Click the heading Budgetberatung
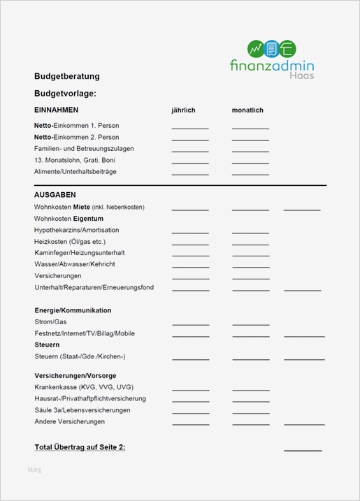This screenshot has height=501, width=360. pyautogui.click(x=66, y=76)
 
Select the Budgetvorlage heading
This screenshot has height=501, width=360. pyautogui.click(x=65, y=93)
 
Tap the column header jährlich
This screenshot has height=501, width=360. pyautogui.click(x=183, y=110)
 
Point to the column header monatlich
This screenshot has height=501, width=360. pyautogui.click(x=247, y=110)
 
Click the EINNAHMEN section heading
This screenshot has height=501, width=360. pyautogui.click(x=56, y=110)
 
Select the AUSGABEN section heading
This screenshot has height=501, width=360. pyautogui.click(x=55, y=195)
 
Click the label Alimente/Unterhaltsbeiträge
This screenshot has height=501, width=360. pyautogui.click(x=75, y=171)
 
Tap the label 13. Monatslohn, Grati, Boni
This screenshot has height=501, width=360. pyautogui.click(x=75, y=160)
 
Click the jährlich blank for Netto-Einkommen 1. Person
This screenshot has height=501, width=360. pyautogui.click(x=190, y=128)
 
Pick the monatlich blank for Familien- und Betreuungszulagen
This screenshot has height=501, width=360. pyautogui.click(x=250, y=151)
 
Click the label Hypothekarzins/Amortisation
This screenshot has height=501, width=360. pyautogui.click(x=76, y=230)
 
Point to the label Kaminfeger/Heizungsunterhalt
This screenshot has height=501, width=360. pyautogui.click(x=79, y=253)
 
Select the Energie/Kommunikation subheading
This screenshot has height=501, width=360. pyautogui.click(x=73, y=310)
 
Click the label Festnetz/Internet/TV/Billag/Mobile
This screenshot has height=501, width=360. pyautogui.click(x=84, y=333)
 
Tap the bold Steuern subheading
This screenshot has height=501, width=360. pyautogui.click(x=47, y=345)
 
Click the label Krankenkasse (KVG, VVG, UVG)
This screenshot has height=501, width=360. pyautogui.click(x=83, y=387)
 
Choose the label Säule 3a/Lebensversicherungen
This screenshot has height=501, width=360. pyautogui.click(x=82, y=410)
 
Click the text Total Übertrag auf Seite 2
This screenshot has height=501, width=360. pyautogui.click(x=80, y=447)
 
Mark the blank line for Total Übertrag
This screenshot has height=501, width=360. pyautogui.click(x=303, y=450)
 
